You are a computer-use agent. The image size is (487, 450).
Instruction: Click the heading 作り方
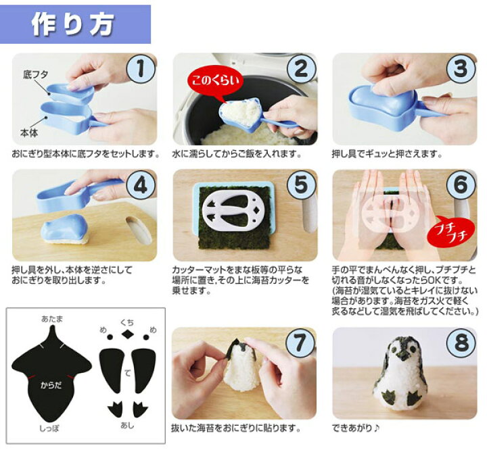click(72, 24)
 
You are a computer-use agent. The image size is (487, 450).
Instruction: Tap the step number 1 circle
click(141, 69)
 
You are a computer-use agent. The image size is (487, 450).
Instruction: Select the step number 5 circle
click(300, 184)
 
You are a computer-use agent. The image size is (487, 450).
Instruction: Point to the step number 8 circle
click(461, 343)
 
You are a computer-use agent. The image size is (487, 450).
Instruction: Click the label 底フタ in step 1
click(35, 74)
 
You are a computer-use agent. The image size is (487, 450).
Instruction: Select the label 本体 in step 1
click(29, 133)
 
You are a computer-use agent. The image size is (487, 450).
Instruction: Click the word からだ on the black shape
click(51, 385)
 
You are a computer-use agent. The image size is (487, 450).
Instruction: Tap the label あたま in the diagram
click(52, 319)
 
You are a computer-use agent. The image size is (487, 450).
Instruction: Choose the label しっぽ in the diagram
click(49, 428)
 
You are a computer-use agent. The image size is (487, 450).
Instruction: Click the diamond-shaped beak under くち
click(127, 334)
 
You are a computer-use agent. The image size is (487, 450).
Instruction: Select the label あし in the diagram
click(127, 425)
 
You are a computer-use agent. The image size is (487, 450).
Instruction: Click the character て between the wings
click(127, 373)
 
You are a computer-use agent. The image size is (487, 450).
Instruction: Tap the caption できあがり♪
click(356, 428)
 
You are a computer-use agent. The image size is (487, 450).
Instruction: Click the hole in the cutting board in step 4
click(139, 230)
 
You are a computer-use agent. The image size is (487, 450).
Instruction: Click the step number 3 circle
click(461, 69)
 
